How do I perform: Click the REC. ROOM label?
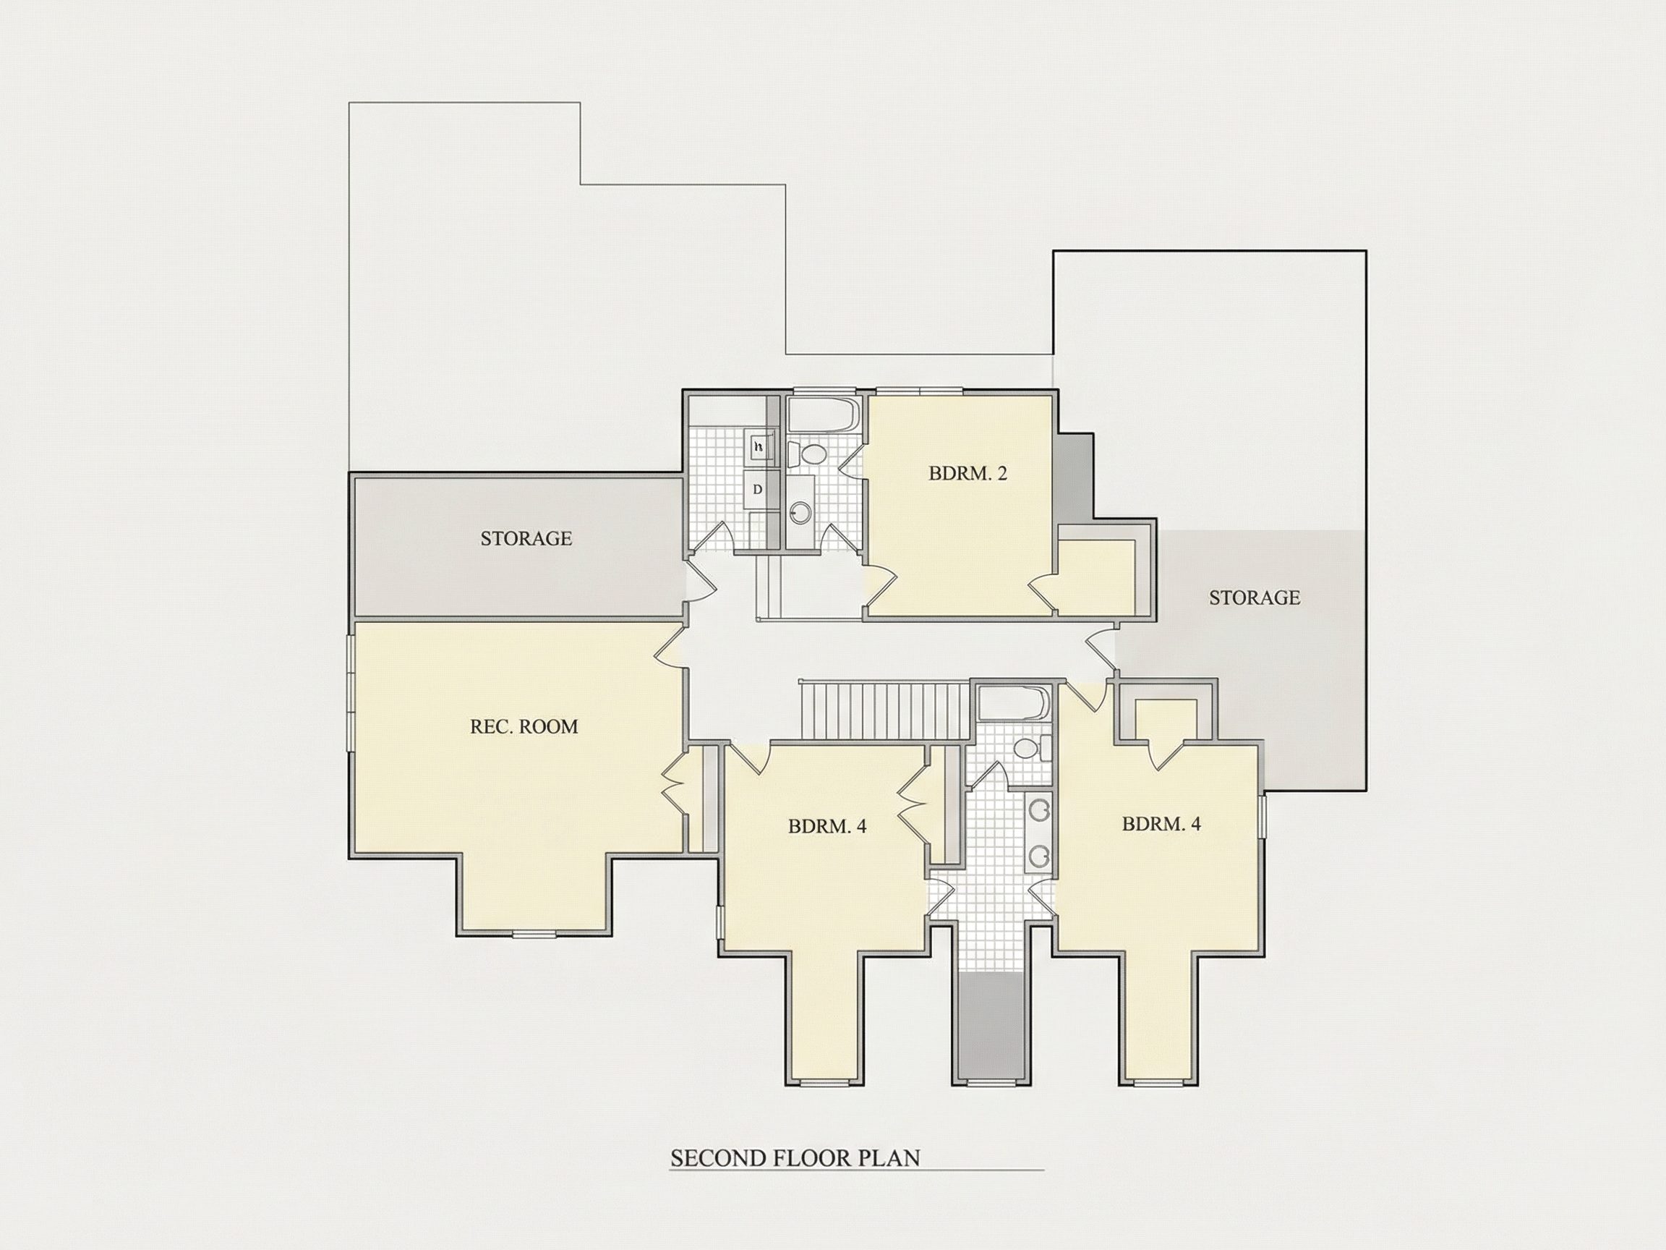(x=524, y=727)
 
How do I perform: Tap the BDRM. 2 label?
(x=967, y=474)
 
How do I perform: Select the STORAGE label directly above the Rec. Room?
(x=526, y=539)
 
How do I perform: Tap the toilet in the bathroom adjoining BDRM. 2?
(x=808, y=454)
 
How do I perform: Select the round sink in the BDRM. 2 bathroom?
(x=800, y=513)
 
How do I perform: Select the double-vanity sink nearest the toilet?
(x=1040, y=812)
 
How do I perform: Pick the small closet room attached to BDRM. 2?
(x=1097, y=577)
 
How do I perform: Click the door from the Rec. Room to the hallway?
(x=670, y=646)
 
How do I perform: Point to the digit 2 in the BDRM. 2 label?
(x=1001, y=474)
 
